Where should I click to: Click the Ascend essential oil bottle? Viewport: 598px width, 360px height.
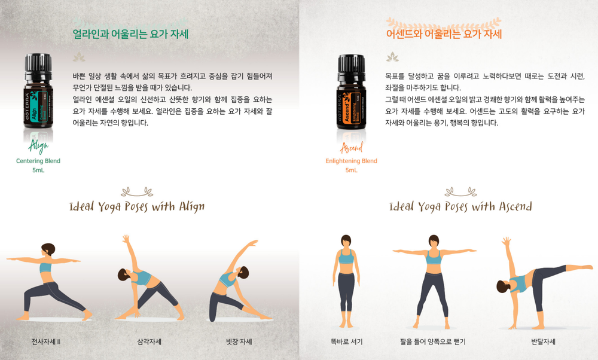351,91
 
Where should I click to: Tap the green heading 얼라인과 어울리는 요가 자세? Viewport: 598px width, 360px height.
130,34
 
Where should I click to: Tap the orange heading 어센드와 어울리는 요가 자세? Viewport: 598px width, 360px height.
444,34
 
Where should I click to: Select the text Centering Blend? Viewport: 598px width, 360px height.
38,161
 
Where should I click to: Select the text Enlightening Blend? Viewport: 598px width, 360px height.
351,161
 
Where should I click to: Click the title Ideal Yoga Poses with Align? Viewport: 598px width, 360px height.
137,207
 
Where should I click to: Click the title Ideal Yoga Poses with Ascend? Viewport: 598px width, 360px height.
460,207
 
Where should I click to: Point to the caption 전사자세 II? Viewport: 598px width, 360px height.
46,341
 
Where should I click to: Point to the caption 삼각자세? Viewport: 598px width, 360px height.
149,341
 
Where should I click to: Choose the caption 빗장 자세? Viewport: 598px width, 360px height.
239,341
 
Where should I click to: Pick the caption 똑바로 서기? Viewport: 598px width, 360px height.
346,341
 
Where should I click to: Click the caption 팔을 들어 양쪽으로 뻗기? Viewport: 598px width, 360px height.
432,341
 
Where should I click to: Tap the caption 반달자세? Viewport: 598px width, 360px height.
543,341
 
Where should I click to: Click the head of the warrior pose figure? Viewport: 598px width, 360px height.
48,249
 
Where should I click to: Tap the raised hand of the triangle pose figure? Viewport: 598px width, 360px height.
126,239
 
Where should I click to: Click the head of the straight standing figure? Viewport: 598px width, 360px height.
346,241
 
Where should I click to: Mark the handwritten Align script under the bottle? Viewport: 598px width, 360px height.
38,146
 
